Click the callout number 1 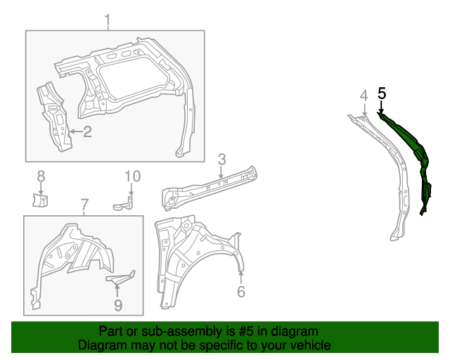(x=108, y=20)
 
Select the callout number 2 (x=87, y=131)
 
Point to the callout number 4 (x=364, y=96)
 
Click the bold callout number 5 (x=382, y=93)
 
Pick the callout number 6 (x=240, y=291)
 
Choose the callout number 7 (x=84, y=205)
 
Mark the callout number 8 (x=41, y=176)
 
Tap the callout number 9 (x=118, y=304)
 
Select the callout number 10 (x=133, y=176)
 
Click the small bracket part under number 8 (x=40, y=200)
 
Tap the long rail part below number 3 (x=207, y=186)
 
